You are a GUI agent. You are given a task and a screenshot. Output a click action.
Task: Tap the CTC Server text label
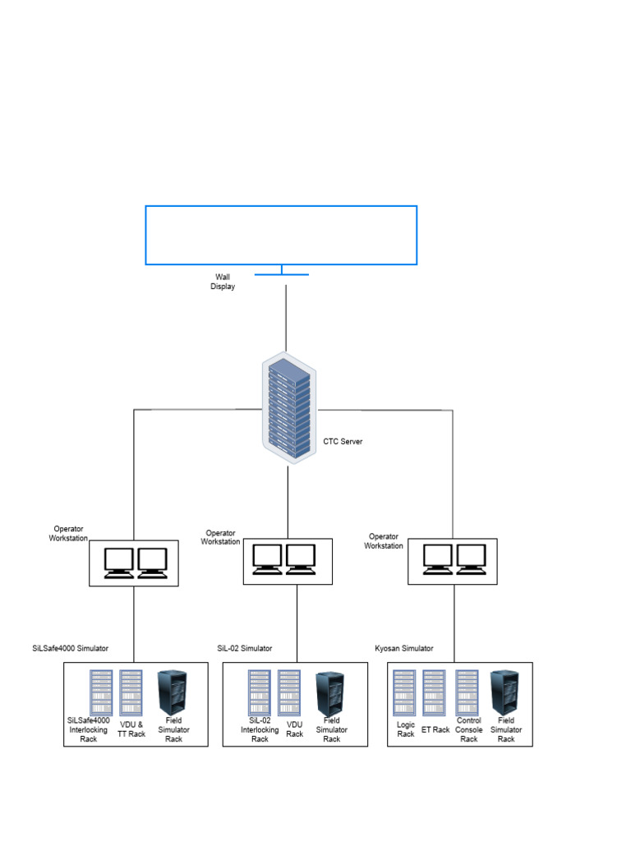pyautogui.click(x=343, y=442)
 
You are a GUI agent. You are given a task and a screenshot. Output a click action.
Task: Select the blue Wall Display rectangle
pyautogui.click(x=281, y=235)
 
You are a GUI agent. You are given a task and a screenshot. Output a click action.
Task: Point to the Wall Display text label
pyautogui.click(x=223, y=282)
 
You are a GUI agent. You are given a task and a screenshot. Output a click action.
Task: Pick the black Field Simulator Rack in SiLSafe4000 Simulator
pyautogui.click(x=172, y=692)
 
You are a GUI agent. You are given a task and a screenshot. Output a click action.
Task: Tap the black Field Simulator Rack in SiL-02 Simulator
pyautogui.click(x=330, y=692)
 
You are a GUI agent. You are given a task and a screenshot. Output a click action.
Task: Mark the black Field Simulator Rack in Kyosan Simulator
pyautogui.click(x=504, y=692)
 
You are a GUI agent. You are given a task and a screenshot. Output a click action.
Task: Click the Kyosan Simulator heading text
pyautogui.click(x=403, y=649)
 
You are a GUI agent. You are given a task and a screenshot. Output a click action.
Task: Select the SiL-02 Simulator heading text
pyautogui.click(x=244, y=649)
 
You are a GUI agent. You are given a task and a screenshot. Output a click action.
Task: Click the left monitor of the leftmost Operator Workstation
pyautogui.click(x=118, y=562)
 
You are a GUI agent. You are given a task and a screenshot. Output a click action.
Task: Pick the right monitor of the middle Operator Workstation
pyautogui.click(x=302, y=558)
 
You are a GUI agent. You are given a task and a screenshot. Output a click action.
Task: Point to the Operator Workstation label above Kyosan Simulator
pyautogui.click(x=384, y=541)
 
